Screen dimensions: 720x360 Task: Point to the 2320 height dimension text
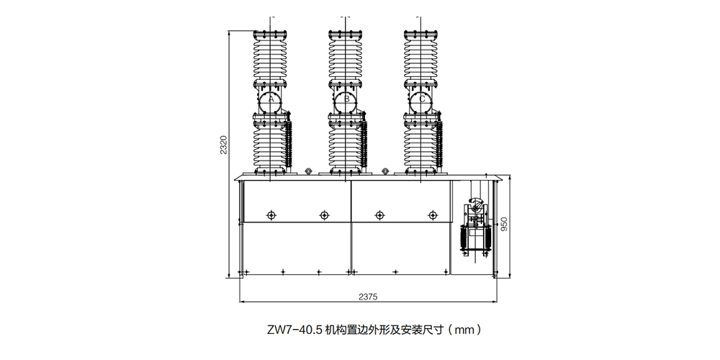click(x=223, y=145)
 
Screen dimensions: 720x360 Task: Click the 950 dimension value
click(x=504, y=224)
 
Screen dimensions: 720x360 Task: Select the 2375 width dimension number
click(x=368, y=297)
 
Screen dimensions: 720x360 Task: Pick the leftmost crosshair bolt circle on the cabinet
click(x=271, y=215)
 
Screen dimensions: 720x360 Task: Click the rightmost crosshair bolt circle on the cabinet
click(x=433, y=215)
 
